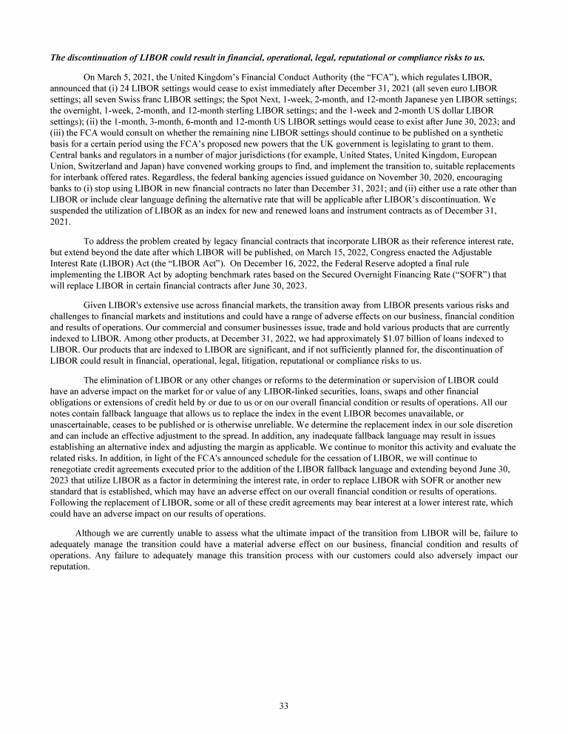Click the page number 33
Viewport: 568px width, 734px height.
pyautogui.click(x=284, y=706)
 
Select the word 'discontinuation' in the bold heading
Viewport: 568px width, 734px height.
pyautogui.click(x=102, y=57)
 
